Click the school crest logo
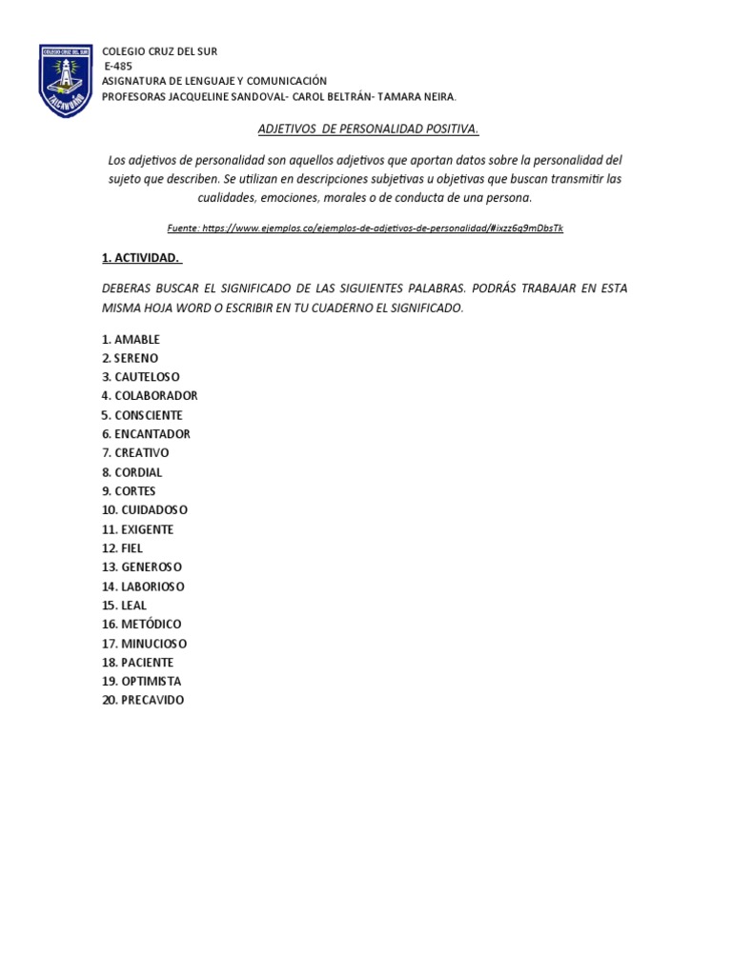(66, 81)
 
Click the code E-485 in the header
(119, 67)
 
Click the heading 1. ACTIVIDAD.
(142, 257)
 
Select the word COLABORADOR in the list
(155, 396)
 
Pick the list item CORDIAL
(138, 472)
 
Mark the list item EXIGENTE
(147, 529)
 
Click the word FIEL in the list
(132, 548)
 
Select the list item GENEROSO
(152, 567)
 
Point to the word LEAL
(133, 606)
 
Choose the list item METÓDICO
(150, 625)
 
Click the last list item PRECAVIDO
(152, 701)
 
